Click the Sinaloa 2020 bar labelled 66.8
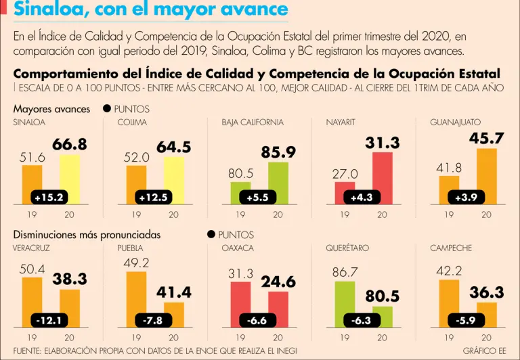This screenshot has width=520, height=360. click(x=70, y=177)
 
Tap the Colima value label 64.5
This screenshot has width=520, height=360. click(x=174, y=147)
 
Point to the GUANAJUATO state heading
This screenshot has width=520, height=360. click(x=455, y=122)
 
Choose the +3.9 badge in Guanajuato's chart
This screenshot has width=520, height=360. click(x=466, y=198)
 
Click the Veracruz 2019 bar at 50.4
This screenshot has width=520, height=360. click(x=32, y=298)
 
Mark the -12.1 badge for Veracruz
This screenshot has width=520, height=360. click(x=49, y=320)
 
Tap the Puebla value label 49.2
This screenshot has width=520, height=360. click(x=136, y=263)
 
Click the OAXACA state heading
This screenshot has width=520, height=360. click(x=238, y=248)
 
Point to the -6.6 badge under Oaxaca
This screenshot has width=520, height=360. click(x=257, y=320)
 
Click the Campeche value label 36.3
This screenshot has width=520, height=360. click(x=487, y=292)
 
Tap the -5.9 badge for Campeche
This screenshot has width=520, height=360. click(x=466, y=320)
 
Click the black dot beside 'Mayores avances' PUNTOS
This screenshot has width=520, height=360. click(x=107, y=109)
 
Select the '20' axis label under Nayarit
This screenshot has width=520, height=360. click(x=383, y=215)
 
